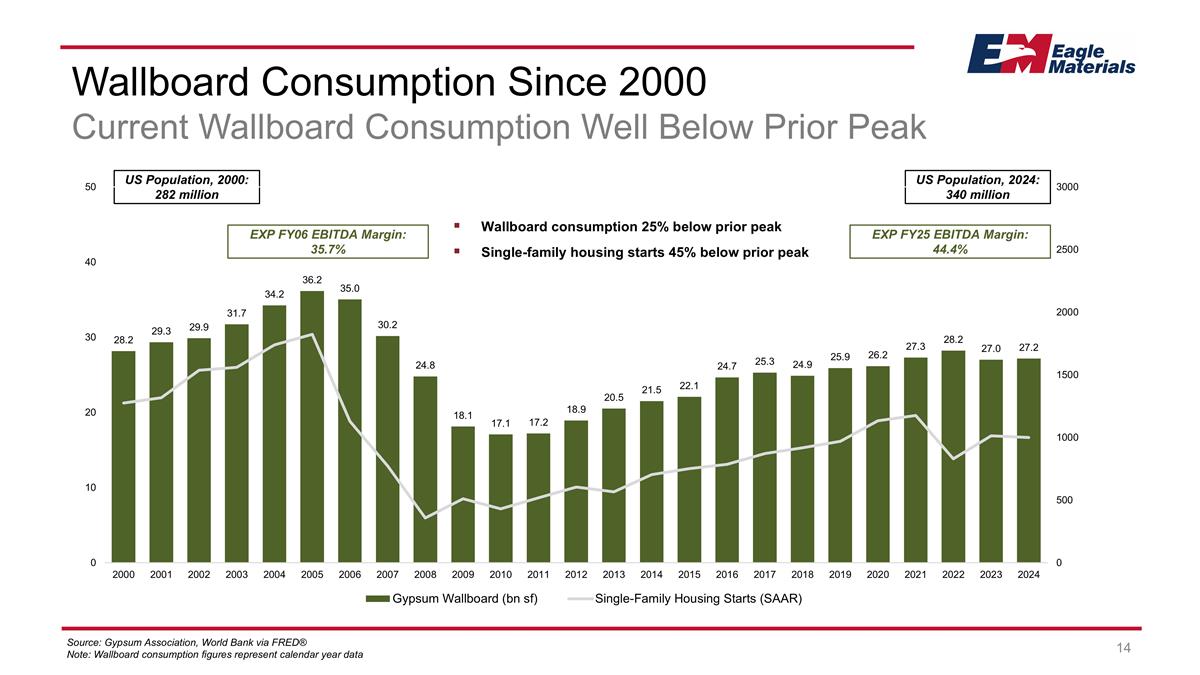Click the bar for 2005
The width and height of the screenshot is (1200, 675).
[x=312, y=426]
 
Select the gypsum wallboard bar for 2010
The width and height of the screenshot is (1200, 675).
[x=501, y=498]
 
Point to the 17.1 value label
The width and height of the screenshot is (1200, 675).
[x=501, y=424]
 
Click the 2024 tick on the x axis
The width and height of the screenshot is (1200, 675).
[x=1029, y=575]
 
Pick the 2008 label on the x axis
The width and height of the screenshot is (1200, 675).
[x=425, y=575]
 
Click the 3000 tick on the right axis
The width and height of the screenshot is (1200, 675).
[x=1069, y=187]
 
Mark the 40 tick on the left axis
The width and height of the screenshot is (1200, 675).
[x=90, y=263]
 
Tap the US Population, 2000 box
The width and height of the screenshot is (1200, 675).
[x=186, y=186]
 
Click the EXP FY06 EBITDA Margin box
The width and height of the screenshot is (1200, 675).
[x=330, y=241]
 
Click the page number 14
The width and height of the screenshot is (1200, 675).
[x=1123, y=649]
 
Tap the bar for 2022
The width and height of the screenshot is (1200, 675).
[x=953, y=456]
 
